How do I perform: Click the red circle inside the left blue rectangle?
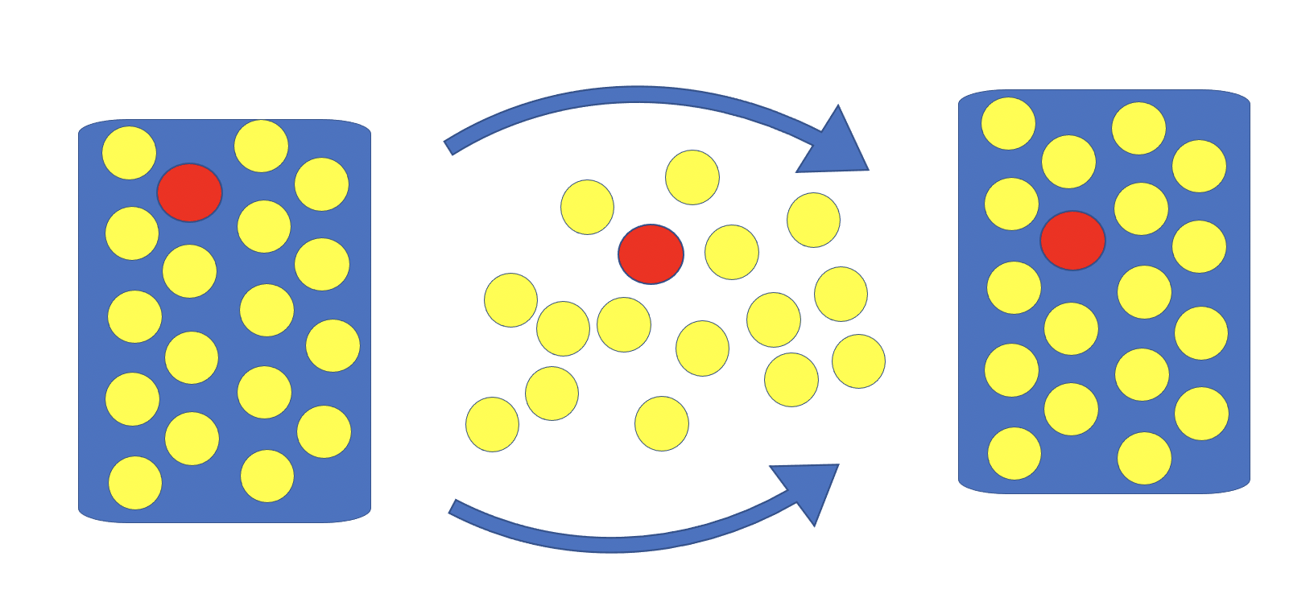click(x=189, y=192)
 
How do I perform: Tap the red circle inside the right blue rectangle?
click(x=1072, y=241)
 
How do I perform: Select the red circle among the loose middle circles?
click(x=651, y=254)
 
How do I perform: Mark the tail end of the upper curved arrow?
click(x=449, y=148)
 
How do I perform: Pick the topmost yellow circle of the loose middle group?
click(x=692, y=177)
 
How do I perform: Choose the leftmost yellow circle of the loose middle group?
click(x=492, y=424)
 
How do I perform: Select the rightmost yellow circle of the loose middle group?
click(x=858, y=361)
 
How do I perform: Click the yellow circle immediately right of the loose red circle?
click(x=731, y=252)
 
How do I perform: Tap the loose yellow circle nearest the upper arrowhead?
click(x=813, y=220)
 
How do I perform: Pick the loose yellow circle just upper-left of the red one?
click(x=587, y=207)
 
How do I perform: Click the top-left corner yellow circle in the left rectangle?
click(x=129, y=153)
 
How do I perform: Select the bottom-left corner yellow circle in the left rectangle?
click(x=135, y=483)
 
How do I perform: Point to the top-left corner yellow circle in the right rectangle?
click(x=1008, y=123)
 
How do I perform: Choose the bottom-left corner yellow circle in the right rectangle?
click(x=1014, y=453)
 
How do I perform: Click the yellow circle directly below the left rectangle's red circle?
click(x=189, y=271)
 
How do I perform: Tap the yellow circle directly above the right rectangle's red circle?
click(x=1068, y=162)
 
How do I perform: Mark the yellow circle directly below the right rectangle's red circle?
click(x=1071, y=328)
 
